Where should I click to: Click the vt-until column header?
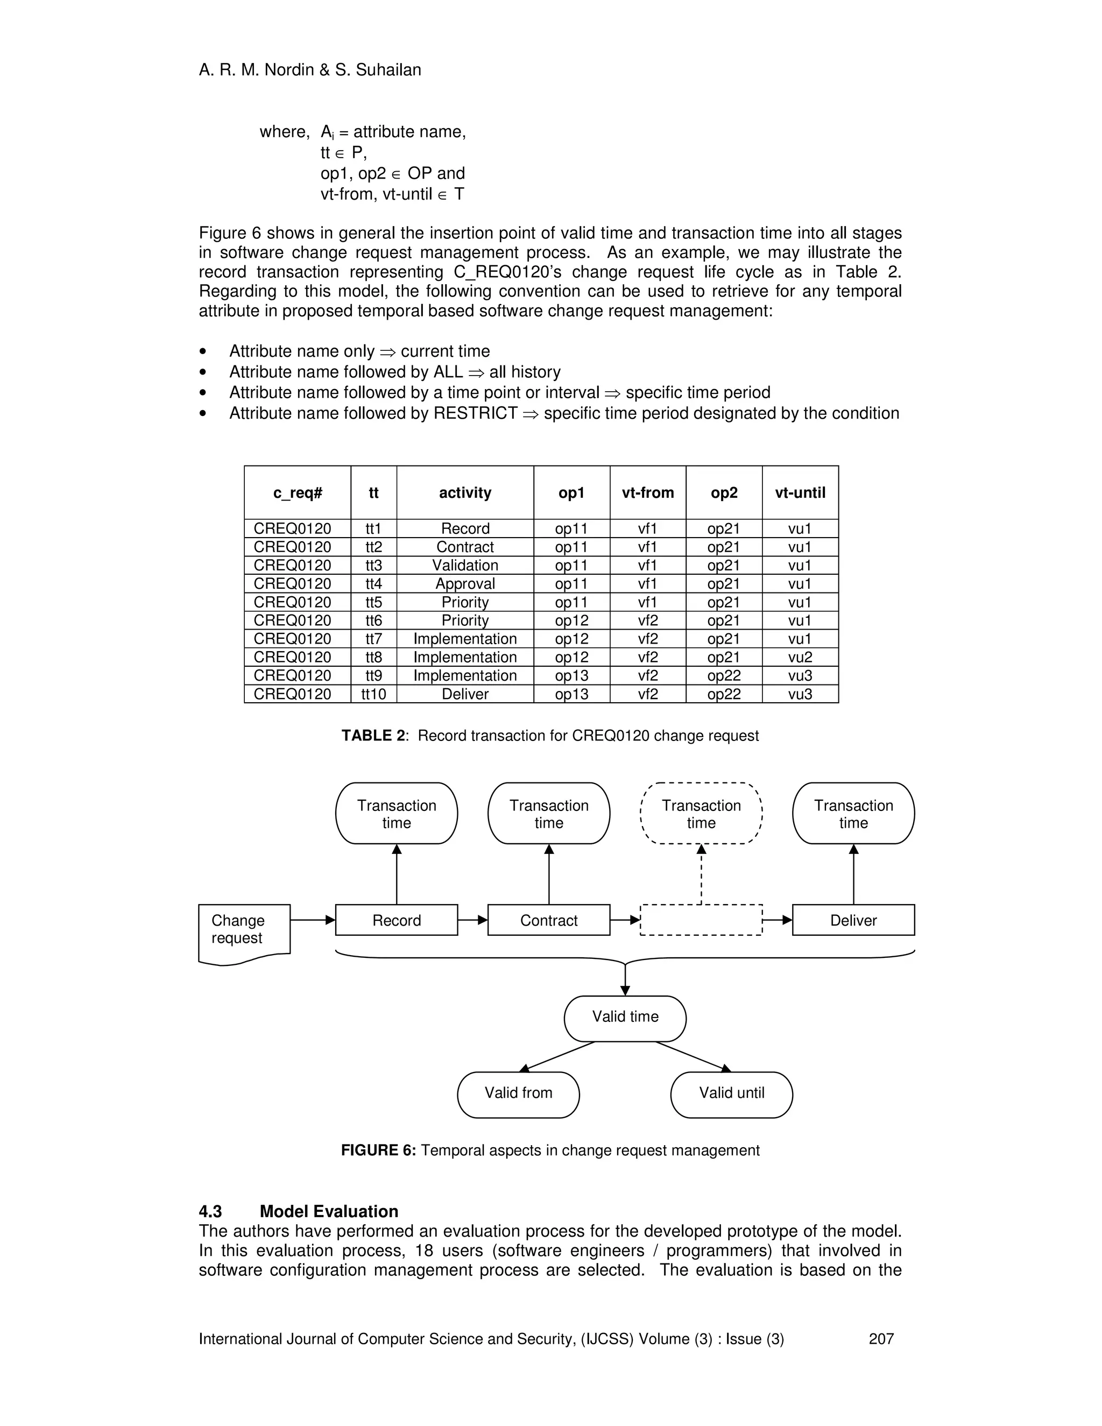tap(800, 493)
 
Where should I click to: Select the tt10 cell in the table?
tap(373, 694)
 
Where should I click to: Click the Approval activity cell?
tap(465, 584)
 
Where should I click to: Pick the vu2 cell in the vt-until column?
tap(800, 658)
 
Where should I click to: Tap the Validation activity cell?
tap(465, 566)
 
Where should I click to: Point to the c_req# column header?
tap(298, 493)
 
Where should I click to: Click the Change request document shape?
tap(244, 930)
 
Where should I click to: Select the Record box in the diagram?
tap(396, 921)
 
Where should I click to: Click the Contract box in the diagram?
tap(548, 921)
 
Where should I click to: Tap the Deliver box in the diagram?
tap(853, 921)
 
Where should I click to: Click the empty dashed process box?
tap(701, 921)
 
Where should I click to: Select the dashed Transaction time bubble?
tap(701, 814)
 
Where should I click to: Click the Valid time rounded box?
tap(625, 1016)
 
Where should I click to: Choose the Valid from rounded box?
tap(518, 1093)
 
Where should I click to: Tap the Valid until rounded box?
tap(731, 1093)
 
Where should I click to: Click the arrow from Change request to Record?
tap(312, 920)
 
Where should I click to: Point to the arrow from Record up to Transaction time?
tap(396, 875)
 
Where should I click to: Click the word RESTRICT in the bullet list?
tap(475, 413)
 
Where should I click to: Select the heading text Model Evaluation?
tap(329, 1212)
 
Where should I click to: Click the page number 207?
tap(881, 1339)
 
